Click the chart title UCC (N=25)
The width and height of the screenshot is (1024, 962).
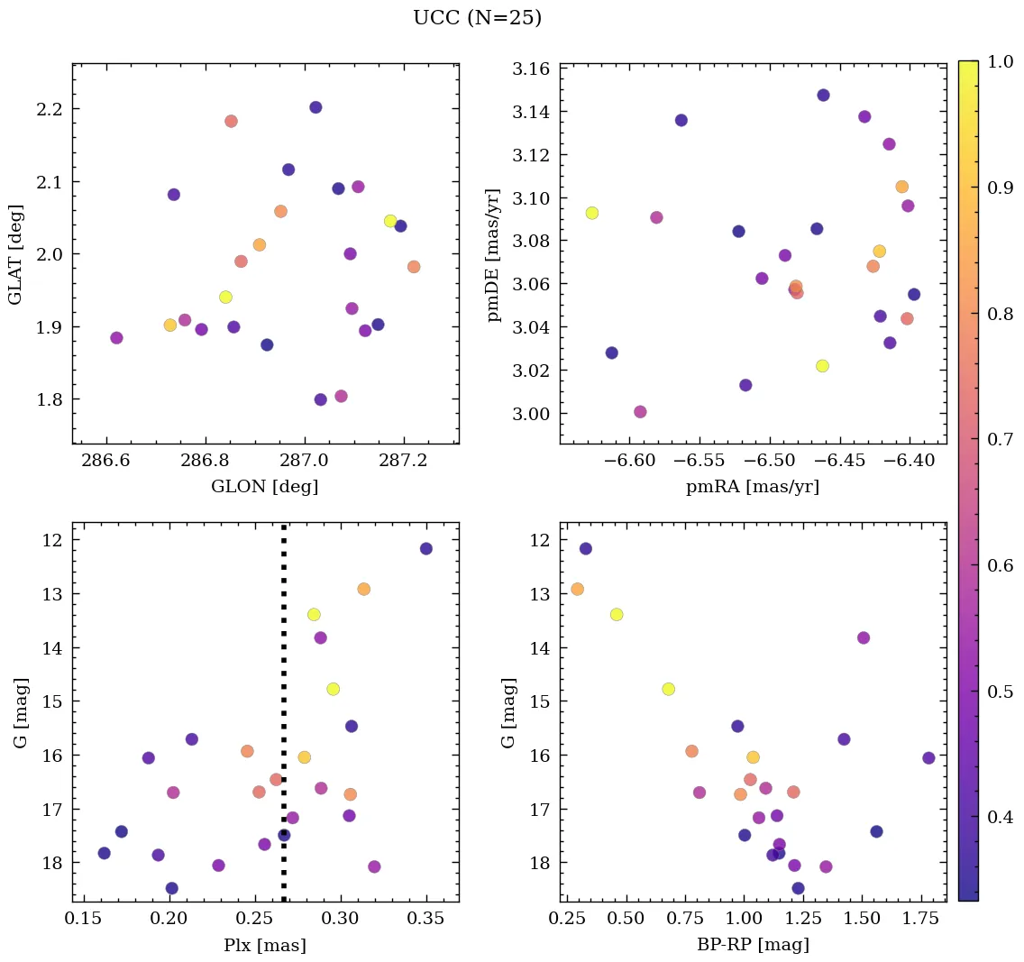point(477,18)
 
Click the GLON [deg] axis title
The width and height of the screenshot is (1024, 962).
point(264,487)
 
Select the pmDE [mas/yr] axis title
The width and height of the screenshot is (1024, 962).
point(493,255)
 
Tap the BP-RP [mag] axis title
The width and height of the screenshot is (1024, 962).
point(753,945)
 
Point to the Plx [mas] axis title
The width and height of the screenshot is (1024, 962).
point(264,945)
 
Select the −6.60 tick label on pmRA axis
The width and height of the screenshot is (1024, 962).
point(630,461)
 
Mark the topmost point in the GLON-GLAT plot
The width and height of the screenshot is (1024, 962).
point(315,107)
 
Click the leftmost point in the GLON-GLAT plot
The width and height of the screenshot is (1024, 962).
point(116,338)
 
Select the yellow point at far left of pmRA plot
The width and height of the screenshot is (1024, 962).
point(591,213)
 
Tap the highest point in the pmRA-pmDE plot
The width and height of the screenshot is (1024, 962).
point(823,96)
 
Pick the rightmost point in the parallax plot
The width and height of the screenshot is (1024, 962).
point(426,548)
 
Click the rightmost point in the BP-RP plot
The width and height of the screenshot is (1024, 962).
point(928,757)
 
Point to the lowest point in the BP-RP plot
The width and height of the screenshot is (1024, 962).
point(798,888)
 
